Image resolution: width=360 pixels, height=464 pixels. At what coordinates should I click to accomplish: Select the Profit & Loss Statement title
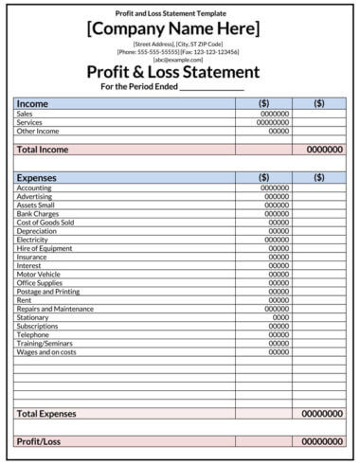pos(172,72)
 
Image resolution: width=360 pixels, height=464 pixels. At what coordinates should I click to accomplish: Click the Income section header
pos(33,103)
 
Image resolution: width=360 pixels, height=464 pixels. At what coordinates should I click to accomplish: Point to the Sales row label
pos(25,114)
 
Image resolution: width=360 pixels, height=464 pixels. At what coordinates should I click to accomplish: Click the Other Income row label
pos(37,131)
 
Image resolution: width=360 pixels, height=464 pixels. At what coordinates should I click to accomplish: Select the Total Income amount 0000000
pos(324,150)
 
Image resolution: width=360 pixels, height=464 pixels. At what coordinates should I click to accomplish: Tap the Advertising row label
pos(35,196)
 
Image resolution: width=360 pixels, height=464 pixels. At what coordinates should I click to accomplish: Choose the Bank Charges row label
pos(38,213)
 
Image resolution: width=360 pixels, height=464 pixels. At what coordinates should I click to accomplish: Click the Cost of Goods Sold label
pos(45,223)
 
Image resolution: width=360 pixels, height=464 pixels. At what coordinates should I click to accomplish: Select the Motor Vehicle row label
pos(40,274)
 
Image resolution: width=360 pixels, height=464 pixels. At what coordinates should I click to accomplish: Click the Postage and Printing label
pos(47,291)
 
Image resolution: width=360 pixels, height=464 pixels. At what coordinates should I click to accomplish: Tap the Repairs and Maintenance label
pos(54,309)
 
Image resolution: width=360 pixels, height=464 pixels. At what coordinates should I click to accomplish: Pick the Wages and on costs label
pos(45,351)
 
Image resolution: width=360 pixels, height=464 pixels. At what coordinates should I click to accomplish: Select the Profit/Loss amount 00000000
pos(322,441)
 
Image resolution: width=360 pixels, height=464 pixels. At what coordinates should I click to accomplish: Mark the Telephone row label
pos(33,334)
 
